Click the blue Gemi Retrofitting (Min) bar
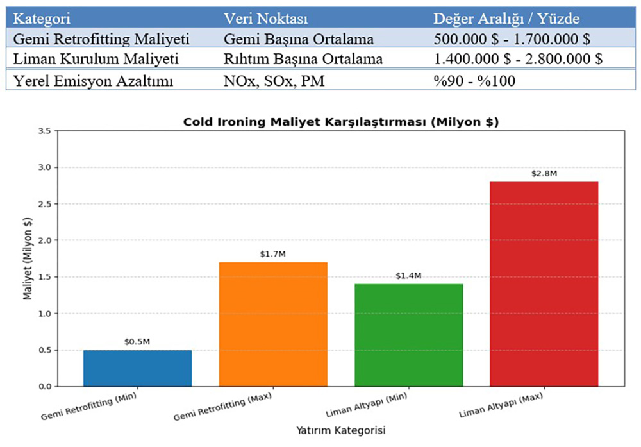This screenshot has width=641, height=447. pyautogui.click(x=138, y=368)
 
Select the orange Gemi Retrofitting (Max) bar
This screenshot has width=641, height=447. pyautogui.click(x=273, y=324)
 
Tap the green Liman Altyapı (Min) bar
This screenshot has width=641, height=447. pyautogui.click(x=408, y=335)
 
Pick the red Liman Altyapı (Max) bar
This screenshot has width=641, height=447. pyautogui.click(x=544, y=283)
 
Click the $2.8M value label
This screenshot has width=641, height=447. pyautogui.click(x=544, y=174)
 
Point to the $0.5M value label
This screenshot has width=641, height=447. pyautogui.click(x=137, y=342)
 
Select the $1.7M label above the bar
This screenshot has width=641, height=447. pyautogui.click(x=273, y=254)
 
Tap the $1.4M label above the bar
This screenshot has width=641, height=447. pyautogui.click(x=408, y=276)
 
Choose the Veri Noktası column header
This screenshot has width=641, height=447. pyautogui.click(x=265, y=18)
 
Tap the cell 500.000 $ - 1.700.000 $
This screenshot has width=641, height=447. pyautogui.click(x=511, y=39)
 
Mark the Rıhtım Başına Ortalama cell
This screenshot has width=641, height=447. pyautogui.click(x=303, y=60)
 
